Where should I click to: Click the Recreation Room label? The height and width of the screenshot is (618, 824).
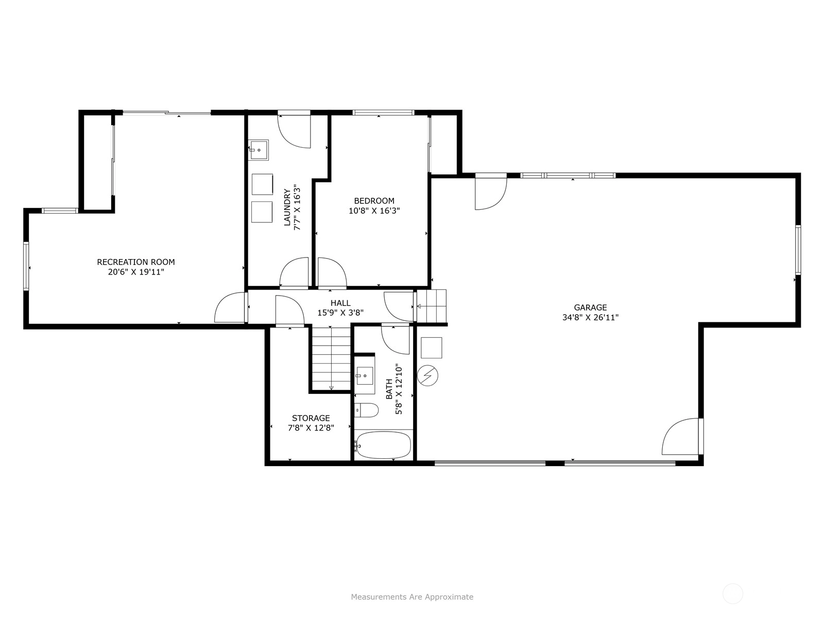point(136,262)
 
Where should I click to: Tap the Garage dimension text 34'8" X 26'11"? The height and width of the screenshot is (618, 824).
point(590,317)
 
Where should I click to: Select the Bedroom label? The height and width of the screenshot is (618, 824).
point(374,201)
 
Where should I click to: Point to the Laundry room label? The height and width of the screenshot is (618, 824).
point(287,208)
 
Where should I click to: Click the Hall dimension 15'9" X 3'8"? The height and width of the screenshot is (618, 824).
point(340,313)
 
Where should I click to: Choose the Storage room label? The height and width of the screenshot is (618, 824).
point(311,418)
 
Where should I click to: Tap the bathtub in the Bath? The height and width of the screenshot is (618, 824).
point(383,444)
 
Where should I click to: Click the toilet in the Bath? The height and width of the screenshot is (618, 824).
point(366,410)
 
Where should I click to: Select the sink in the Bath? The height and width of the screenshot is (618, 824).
point(365,375)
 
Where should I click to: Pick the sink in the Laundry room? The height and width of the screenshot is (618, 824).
point(259,150)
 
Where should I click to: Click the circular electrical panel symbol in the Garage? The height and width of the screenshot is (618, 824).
point(427,375)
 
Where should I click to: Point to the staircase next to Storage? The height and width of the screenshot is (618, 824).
point(331,358)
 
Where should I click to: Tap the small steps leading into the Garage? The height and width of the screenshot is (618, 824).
point(432,306)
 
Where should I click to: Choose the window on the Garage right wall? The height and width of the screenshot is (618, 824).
point(798,250)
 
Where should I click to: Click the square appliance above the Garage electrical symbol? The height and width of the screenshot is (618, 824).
point(432,348)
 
